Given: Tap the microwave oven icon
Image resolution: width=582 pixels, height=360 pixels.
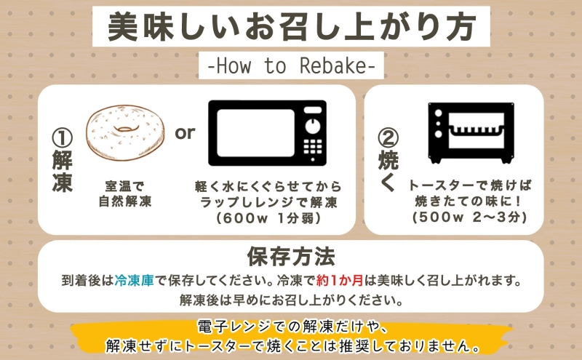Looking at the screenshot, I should tap(267, 132).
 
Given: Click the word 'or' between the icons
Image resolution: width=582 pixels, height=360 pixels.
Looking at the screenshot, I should tap(186, 133).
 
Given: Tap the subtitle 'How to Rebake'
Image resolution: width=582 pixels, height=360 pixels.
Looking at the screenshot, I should tap(291, 66).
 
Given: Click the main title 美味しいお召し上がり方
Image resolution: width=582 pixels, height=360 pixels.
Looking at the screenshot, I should tap(291, 28).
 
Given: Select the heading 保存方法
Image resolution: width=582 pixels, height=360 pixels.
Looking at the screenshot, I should tap(291, 257).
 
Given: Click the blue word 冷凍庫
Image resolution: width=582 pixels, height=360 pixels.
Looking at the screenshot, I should tap(134, 280).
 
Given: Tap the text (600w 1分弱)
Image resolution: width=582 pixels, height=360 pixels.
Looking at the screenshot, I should tap(268, 217).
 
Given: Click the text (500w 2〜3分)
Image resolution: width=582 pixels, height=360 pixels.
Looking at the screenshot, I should tap(469, 217).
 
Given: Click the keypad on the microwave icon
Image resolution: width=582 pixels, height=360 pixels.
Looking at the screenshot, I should tap(314, 148).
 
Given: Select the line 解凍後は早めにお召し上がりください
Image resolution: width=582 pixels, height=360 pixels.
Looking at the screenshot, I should tap(291, 299).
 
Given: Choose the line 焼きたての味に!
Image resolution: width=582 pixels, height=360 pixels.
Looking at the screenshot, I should tap(469, 201).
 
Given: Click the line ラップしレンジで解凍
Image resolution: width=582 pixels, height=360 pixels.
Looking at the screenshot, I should tap(268, 201).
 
